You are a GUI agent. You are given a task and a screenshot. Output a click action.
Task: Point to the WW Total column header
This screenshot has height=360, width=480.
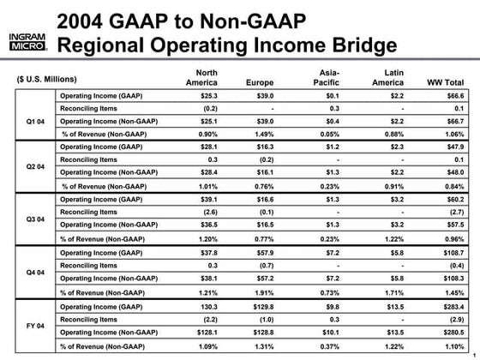[446, 82]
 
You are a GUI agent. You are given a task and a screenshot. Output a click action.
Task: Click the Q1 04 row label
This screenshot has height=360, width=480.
[34, 122]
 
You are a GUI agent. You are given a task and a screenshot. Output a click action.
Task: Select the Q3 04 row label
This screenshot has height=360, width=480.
[34, 218]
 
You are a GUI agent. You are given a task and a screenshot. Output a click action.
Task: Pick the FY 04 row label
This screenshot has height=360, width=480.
[34, 327]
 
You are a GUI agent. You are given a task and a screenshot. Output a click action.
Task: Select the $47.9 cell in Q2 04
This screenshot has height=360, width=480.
[449, 147]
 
